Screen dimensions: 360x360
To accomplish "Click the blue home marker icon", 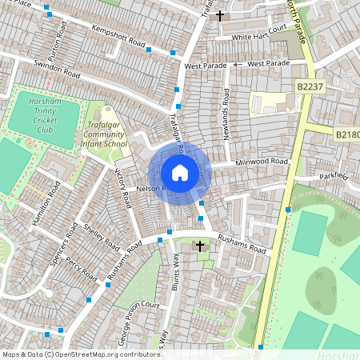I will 180,172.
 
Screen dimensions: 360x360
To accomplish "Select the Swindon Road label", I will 57,70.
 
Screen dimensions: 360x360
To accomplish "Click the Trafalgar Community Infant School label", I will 104,133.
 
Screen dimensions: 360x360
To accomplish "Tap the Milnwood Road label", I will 261,162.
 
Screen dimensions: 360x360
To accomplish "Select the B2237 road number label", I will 308,86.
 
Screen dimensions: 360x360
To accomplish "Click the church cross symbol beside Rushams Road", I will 199,247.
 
